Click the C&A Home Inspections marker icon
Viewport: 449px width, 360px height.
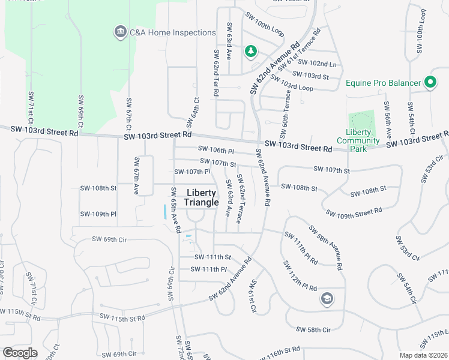[119, 32]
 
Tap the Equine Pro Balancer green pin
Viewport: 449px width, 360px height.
[430, 82]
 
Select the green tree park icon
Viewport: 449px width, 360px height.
[250, 52]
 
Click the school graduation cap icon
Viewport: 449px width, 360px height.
[327, 299]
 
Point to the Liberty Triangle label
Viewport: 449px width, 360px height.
[201, 197]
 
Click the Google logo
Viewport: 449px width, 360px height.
[20, 353]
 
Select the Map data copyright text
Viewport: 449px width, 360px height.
[424, 355]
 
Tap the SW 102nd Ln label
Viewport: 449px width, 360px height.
[317, 63]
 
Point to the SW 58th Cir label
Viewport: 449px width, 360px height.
[313, 329]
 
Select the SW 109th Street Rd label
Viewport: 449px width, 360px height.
[354, 212]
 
